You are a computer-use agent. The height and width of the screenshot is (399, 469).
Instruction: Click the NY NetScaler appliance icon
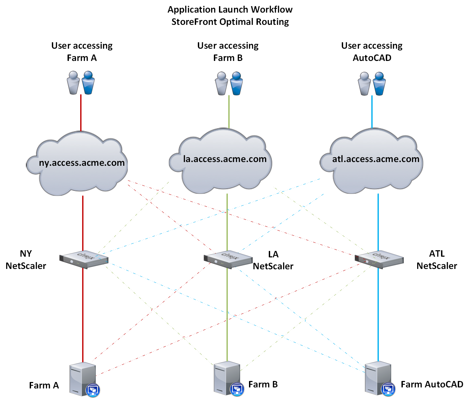pos(84,260)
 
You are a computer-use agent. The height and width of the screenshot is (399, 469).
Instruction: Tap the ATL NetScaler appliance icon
pos(379,260)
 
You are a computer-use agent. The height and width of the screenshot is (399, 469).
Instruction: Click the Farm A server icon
pos(83,379)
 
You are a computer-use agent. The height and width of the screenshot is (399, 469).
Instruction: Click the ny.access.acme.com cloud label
pos(82,163)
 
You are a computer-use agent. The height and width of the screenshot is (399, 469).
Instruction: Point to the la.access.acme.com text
pos(225,159)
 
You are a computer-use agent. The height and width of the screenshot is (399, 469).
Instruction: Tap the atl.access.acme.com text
pos(376,159)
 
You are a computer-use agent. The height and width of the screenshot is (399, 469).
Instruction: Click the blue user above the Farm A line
pos(88,82)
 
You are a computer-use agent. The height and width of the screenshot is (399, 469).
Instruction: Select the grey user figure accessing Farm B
pos(221,83)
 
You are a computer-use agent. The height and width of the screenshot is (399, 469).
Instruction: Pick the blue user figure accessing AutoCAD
pos(379,83)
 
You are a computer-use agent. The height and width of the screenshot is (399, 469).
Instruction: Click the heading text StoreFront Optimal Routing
pos(230,22)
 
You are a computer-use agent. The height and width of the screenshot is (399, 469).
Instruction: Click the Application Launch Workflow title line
pos(230,10)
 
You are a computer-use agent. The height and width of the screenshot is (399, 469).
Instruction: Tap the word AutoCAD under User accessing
pos(372,58)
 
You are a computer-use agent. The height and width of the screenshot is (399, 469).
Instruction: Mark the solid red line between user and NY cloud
pos(81,112)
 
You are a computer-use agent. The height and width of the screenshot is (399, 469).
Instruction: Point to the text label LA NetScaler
pos(273,260)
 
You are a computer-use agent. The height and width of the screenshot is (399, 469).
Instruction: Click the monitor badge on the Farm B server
pos(237,389)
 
